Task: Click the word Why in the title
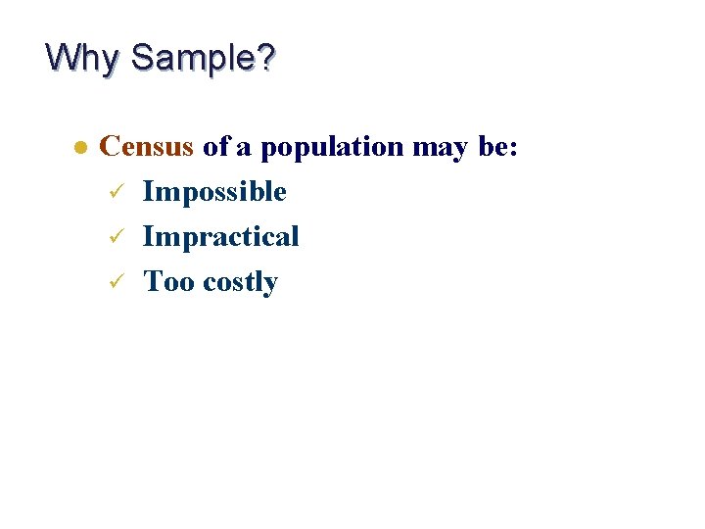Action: [84, 58]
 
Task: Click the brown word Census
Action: [147, 147]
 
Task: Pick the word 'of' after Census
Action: [215, 147]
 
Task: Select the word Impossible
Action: [214, 192]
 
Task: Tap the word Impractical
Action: [220, 237]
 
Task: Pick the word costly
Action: [240, 283]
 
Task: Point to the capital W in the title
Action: [61, 57]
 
